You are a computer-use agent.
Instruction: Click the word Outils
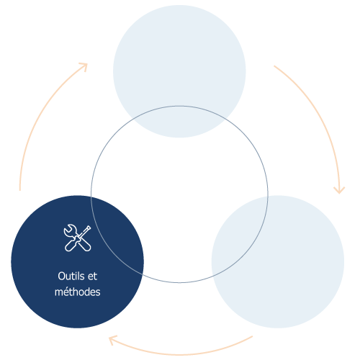71,276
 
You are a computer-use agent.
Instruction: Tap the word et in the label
92,276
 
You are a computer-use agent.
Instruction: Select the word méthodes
78,292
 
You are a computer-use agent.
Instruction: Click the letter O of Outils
61,276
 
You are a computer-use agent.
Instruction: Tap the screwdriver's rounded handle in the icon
71,246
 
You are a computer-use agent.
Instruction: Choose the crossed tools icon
77,238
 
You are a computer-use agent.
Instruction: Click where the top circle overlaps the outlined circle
179,122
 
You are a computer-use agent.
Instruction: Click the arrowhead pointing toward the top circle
84,66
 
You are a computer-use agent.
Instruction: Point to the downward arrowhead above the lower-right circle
339,190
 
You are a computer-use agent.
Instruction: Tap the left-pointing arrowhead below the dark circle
112,340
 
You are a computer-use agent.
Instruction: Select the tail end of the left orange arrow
20,190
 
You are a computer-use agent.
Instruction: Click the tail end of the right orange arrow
274,66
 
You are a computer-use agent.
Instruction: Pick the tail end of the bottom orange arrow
252,336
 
